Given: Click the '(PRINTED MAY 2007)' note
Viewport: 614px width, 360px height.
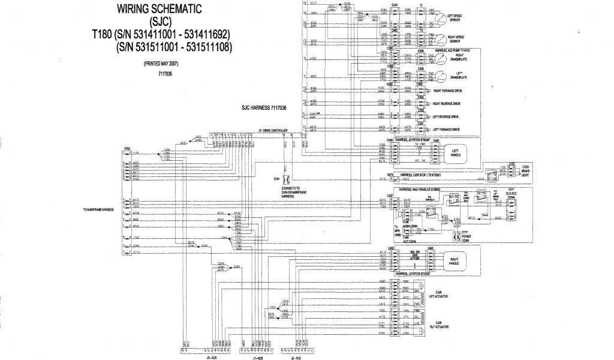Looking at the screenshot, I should [x=161, y=63].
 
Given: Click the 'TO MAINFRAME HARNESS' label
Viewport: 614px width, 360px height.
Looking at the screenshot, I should [x=100, y=210].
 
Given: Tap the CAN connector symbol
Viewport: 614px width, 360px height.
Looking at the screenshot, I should [x=287, y=179].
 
